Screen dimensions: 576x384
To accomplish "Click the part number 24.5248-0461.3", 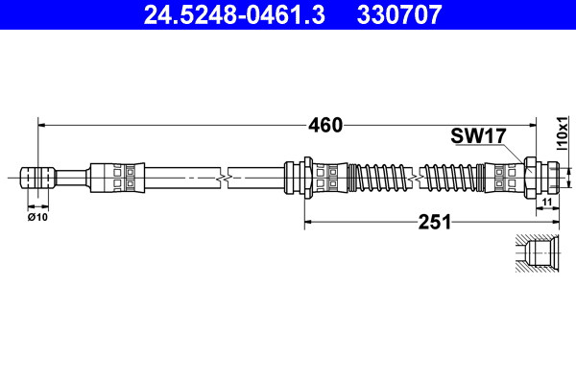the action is click(234, 14).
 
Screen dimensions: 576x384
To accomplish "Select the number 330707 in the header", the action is click(399, 14).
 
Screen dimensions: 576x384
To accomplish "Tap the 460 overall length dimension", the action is click(325, 126).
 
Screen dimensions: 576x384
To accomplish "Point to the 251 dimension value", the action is click(435, 222).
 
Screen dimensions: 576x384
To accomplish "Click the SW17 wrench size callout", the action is click(478, 136).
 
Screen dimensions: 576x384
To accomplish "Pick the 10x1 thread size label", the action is click(562, 133).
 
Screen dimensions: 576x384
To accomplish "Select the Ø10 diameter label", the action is click(37, 217).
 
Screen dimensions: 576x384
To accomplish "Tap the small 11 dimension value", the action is click(547, 202).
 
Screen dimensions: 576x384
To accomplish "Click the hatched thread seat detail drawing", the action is click(537, 253).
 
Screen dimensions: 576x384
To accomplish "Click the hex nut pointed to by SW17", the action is click(531, 178).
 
